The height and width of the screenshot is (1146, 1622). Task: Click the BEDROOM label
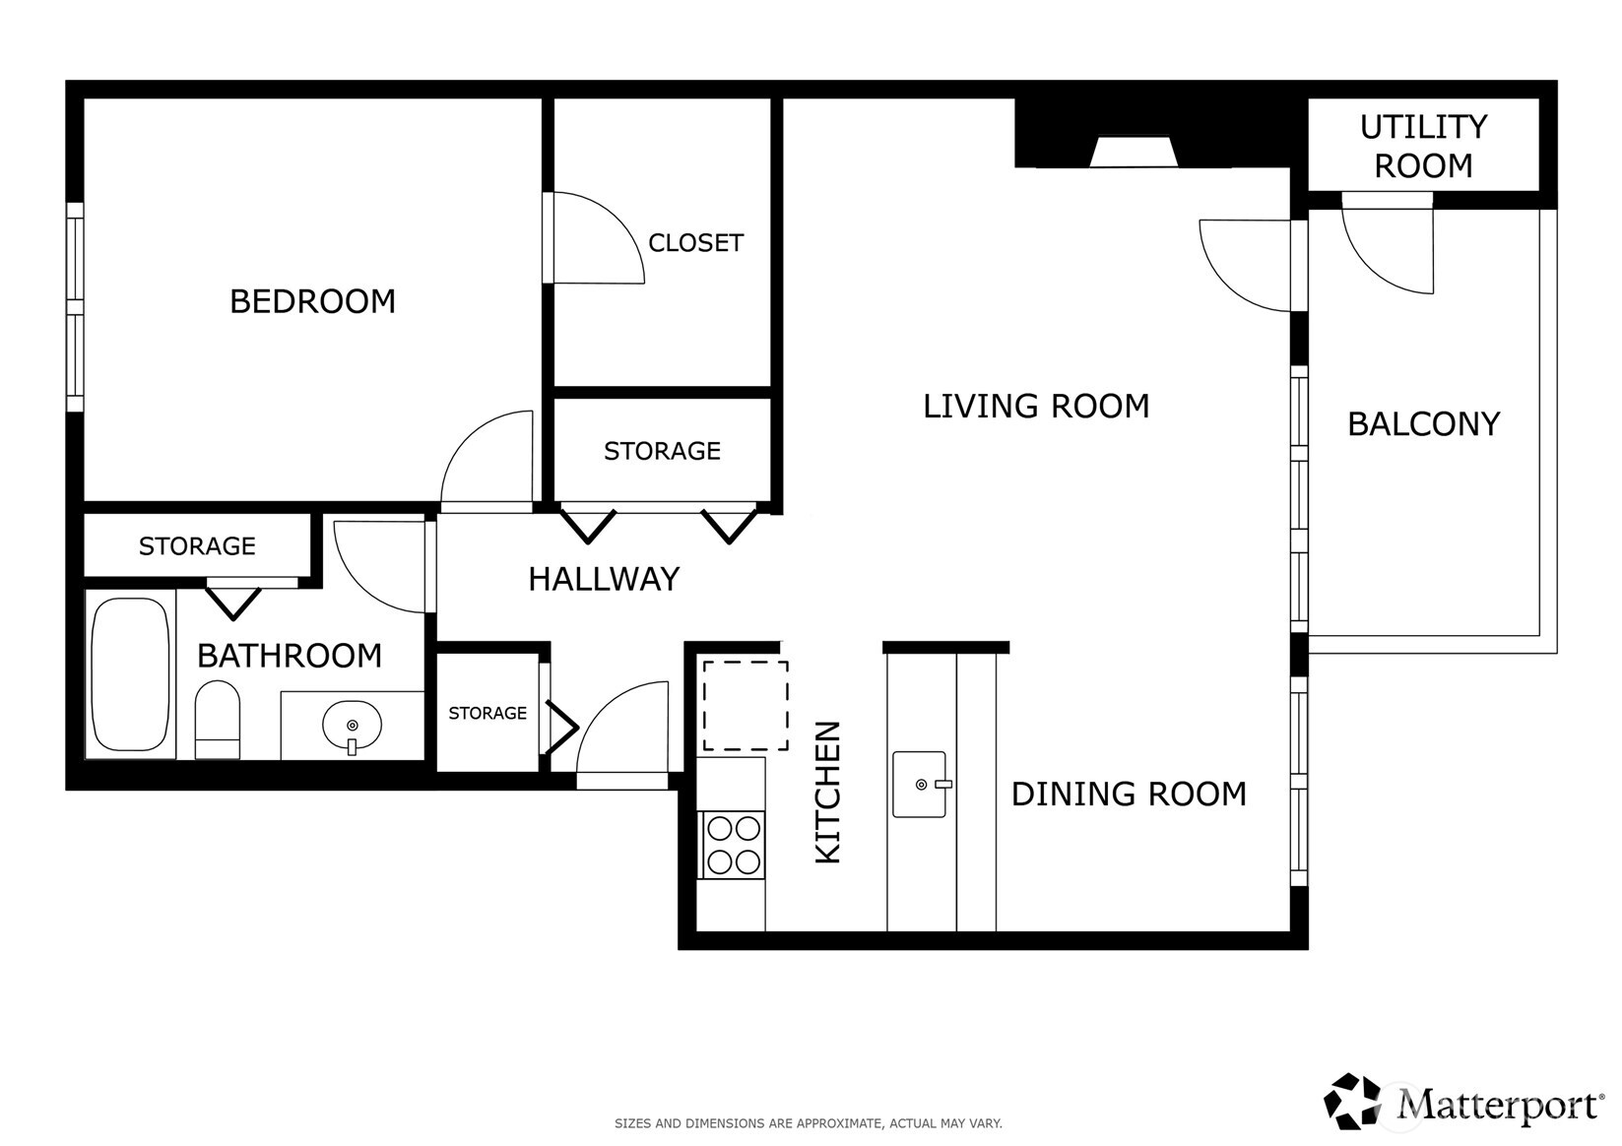(x=312, y=301)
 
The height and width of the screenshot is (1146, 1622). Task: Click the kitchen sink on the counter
(x=919, y=785)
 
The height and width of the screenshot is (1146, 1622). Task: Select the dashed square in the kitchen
(x=745, y=705)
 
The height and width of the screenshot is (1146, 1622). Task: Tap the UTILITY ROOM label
(x=1423, y=146)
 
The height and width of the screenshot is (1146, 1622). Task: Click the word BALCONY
(x=1423, y=424)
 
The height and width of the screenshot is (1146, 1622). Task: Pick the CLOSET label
(x=695, y=243)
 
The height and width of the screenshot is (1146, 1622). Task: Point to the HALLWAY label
(x=604, y=579)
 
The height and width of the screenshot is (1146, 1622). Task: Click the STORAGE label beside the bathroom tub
(x=197, y=546)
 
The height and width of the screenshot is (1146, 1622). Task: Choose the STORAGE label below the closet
(x=662, y=451)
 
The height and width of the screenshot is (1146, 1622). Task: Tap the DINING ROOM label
(x=1129, y=794)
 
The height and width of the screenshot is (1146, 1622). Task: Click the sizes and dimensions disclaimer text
(x=808, y=1122)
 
